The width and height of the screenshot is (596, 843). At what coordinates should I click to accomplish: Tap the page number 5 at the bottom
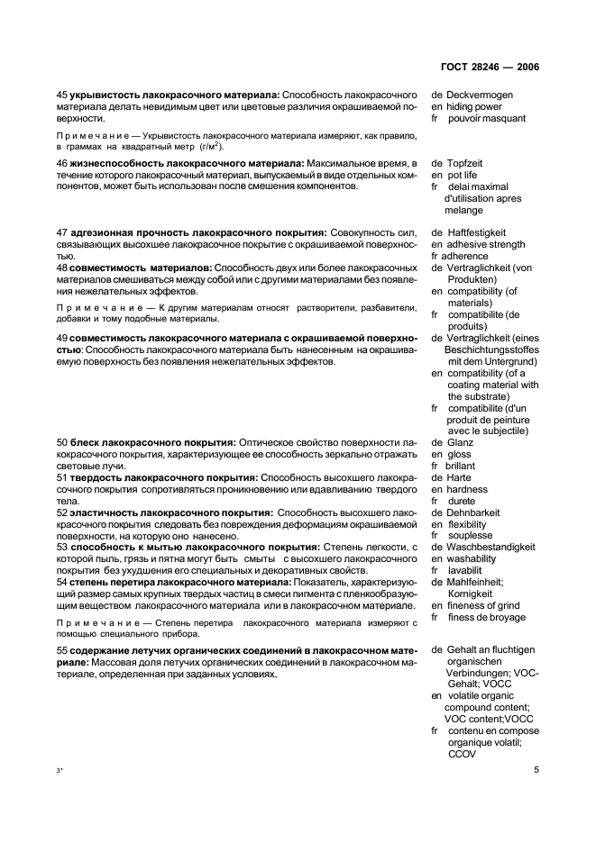[x=536, y=770]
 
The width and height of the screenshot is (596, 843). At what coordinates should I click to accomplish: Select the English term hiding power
[x=474, y=106]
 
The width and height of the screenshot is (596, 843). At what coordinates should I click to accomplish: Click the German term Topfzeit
[x=468, y=163]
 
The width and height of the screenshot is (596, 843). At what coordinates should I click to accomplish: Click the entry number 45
[x=62, y=95]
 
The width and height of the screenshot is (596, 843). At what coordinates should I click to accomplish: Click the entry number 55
[x=62, y=649]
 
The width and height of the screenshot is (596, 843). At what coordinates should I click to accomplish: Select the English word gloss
[x=459, y=454]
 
